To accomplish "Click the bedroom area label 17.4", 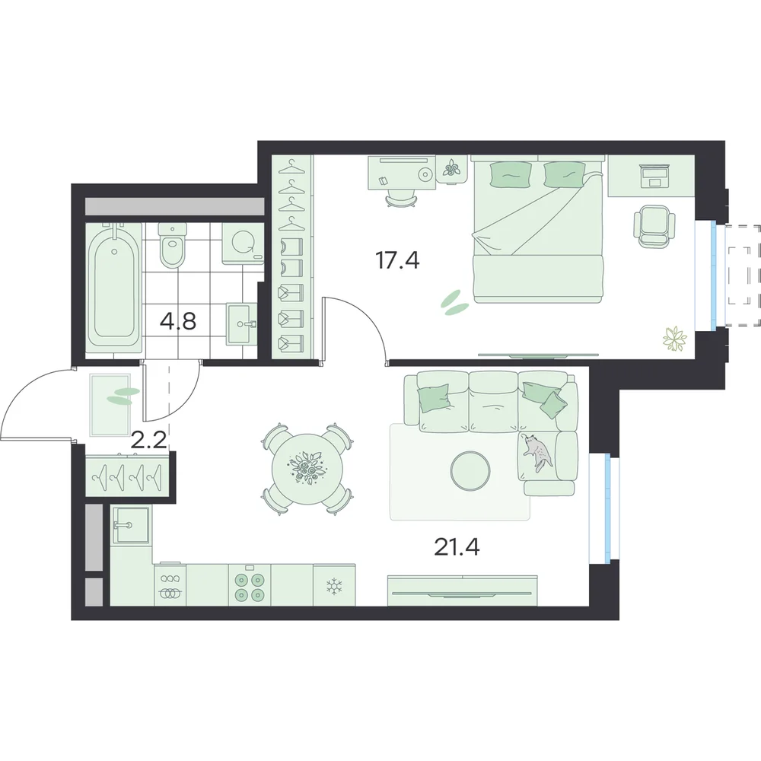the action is point(397,261).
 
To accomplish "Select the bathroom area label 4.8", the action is point(178,321).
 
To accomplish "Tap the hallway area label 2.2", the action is point(149,441).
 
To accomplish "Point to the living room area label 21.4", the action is point(457,547).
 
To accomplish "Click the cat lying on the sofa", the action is point(537,450).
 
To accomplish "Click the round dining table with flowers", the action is point(307,469).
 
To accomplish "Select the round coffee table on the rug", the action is point(470,470).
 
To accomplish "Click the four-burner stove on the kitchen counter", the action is point(250,585).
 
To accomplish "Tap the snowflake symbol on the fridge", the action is point(333,586).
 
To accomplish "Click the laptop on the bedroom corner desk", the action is point(655,176).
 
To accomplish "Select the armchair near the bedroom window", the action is point(654,226).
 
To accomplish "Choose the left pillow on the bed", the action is point(511,174).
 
